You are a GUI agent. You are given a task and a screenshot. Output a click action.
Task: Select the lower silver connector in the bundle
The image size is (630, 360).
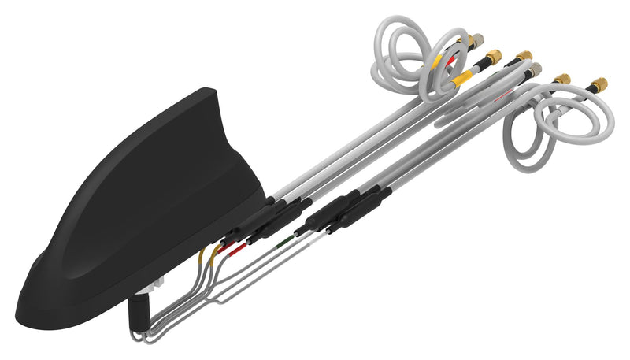click(534, 71)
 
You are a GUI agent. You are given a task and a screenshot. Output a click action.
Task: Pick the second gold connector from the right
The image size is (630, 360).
click(561, 79)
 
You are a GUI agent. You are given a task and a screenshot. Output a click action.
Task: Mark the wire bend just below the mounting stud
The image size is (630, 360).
click(142, 335)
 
